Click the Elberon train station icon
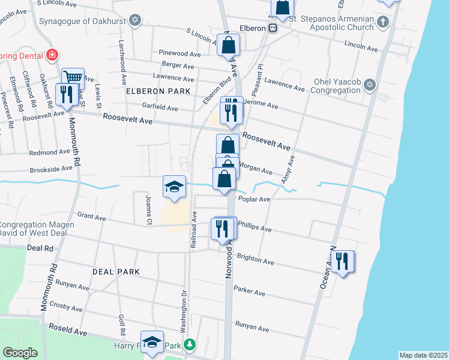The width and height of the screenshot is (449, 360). [273, 28]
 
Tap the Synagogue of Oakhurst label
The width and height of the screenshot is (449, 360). [84, 21]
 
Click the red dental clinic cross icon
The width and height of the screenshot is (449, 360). [52, 55]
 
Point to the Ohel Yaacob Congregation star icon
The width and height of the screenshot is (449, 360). [370, 85]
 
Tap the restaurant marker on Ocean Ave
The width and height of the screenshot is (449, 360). [343, 261]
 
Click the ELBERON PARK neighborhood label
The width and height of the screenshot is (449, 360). [158, 91]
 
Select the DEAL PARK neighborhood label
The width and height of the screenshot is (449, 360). [116, 272]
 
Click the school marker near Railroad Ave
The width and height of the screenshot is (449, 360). [174, 186]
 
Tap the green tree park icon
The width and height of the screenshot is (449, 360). [190, 345]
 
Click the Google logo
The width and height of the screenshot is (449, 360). [20, 353]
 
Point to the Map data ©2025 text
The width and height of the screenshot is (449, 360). [423, 355]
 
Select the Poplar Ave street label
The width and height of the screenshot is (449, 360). [255, 199]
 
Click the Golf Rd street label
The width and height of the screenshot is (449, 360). [122, 325]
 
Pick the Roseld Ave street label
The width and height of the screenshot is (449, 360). [69, 331]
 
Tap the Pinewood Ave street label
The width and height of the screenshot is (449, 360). [177, 53]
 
